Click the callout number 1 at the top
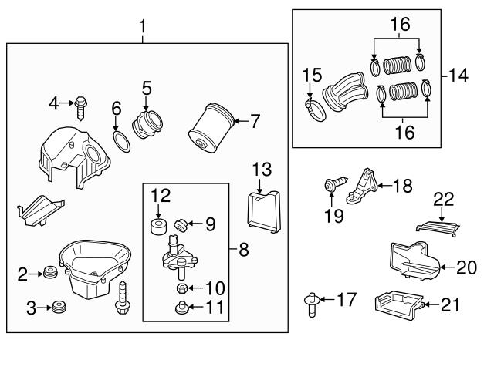(142, 28)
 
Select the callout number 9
(211, 224)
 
